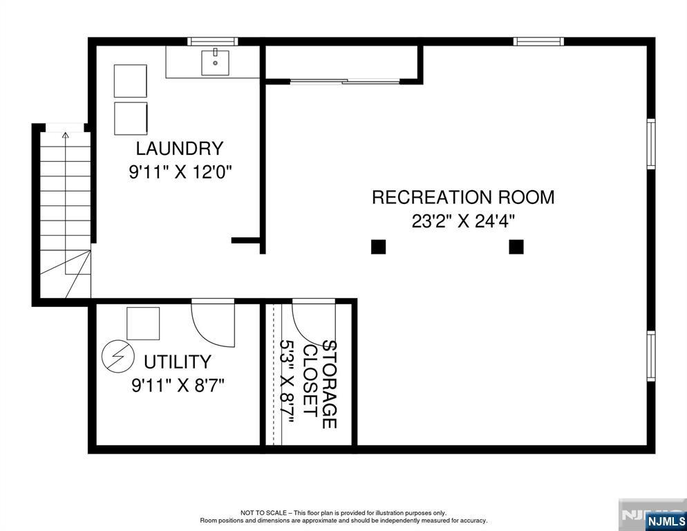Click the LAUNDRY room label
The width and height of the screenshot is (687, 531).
[x=180, y=149]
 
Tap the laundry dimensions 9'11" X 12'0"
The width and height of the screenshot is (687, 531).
[x=180, y=172]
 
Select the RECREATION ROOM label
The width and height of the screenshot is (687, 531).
[x=463, y=197]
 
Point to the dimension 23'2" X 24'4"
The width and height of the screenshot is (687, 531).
[x=463, y=221]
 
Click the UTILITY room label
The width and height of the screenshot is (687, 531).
[x=178, y=362]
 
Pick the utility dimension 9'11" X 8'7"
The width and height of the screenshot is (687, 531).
[x=178, y=386]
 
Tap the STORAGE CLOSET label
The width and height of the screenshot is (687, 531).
[x=320, y=384]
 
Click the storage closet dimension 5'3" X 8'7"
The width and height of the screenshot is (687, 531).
[x=287, y=382]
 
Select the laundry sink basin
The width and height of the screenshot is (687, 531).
[x=215, y=63]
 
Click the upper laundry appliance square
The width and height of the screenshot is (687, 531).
[x=131, y=81]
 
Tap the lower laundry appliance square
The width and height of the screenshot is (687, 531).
[x=131, y=118]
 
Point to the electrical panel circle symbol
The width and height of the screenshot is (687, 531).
[x=118, y=357]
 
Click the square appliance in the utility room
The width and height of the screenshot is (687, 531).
[x=143, y=324]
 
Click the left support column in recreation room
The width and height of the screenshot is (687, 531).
[x=378, y=247]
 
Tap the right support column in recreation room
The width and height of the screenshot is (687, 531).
[x=516, y=247]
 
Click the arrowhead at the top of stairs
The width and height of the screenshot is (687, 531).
[x=66, y=135]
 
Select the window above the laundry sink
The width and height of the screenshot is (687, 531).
[x=213, y=41]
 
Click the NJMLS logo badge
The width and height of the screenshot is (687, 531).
[x=666, y=521]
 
